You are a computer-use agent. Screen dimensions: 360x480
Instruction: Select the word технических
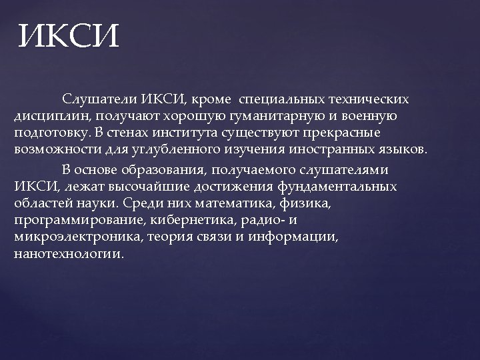point(366,100)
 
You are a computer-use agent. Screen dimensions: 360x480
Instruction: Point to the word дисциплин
point(46,115)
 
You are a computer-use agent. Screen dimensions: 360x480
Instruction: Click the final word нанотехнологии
point(68,254)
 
